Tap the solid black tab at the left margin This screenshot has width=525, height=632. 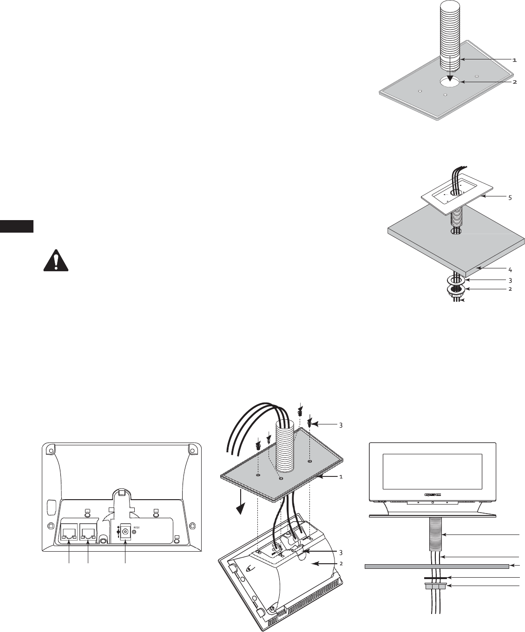pyautogui.click(x=17, y=226)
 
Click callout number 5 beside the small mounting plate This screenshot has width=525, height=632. pyautogui.click(x=511, y=197)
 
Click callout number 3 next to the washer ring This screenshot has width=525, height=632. pyautogui.click(x=511, y=280)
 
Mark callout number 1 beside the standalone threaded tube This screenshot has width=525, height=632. pyautogui.click(x=514, y=60)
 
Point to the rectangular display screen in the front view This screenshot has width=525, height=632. pyautogui.click(x=432, y=471)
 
